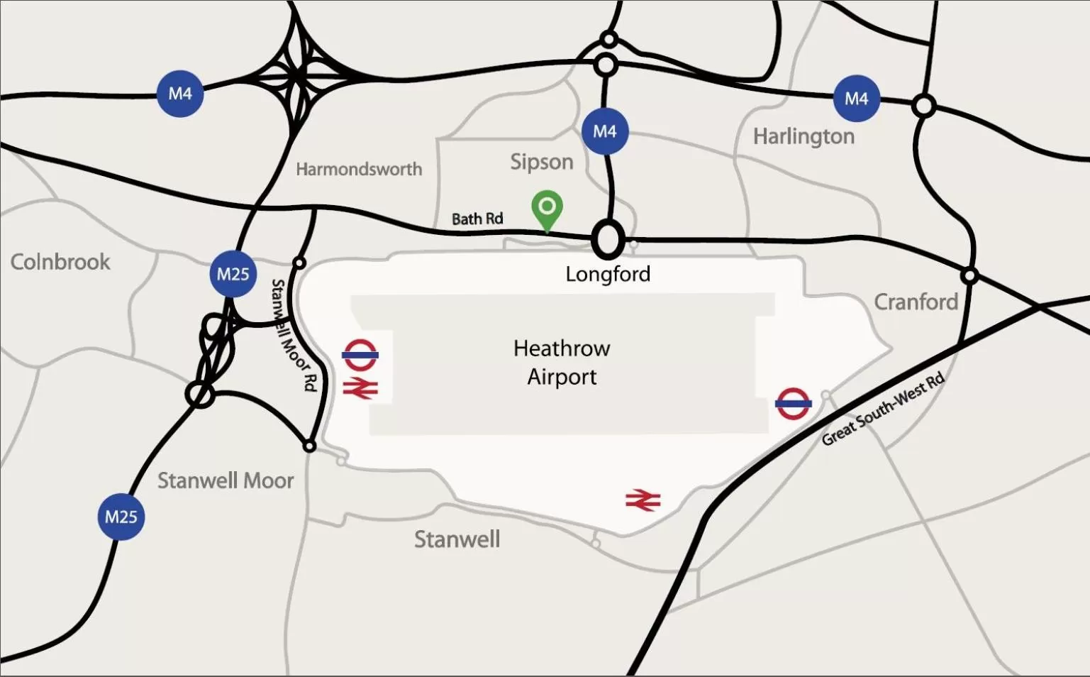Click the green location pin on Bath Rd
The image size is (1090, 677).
click(x=547, y=208)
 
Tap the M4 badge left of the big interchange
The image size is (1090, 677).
click(x=180, y=94)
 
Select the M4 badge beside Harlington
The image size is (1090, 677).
click(x=856, y=99)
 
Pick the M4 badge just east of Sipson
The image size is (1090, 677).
click(x=604, y=131)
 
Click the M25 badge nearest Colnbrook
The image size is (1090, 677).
click(x=233, y=274)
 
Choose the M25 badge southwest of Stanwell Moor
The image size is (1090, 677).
click(x=121, y=517)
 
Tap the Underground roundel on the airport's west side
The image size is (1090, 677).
click(x=360, y=355)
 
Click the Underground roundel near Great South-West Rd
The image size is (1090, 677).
click(x=793, y=403)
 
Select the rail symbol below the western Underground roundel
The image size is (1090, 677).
click(x=360, y=388)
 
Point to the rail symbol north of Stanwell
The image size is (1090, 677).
click(x=643, y=501)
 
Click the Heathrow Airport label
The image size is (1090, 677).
click(x=562, y=363)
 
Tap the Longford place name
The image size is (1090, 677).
click(x=608, y=275)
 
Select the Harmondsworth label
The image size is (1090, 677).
click(x=359, y=170)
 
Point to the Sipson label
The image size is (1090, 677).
click(x=542, y=162)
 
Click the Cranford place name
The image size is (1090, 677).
click(x=916, y=302)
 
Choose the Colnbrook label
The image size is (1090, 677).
click(x=60, y=262)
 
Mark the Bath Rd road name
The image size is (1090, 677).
click(x=477, y=219)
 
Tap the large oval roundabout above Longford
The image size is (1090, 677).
click(x=608, y=240)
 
